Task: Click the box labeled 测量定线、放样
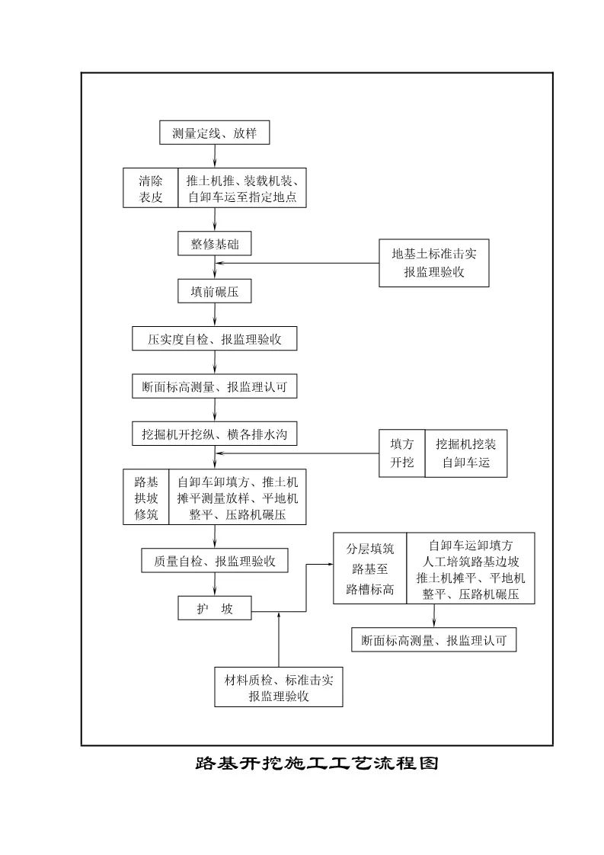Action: (x=214, y=133)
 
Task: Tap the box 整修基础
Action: (x=214, y=244)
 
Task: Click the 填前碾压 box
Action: (x=214, y=291)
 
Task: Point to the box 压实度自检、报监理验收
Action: (x=214, y=339)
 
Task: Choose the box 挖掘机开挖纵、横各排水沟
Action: (x=214, y=434)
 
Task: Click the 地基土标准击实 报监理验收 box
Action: (x=433, y=263)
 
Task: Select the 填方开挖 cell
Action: (x=401, y=453)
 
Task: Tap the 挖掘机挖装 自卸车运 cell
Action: (x=465, y=453)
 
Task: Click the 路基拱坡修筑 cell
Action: (x=145, y=497)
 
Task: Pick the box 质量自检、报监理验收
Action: (x=214, y=561)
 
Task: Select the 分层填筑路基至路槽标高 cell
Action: (x=369, y=568)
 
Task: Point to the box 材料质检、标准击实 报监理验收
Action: (x=278, y=687)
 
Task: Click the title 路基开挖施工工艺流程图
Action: (x=317, y=764)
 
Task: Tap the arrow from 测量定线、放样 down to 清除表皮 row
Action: (x=215, y=156)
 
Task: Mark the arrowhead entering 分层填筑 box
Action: (x=330, y=565)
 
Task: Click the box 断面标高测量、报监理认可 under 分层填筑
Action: (x=433, y=641)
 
